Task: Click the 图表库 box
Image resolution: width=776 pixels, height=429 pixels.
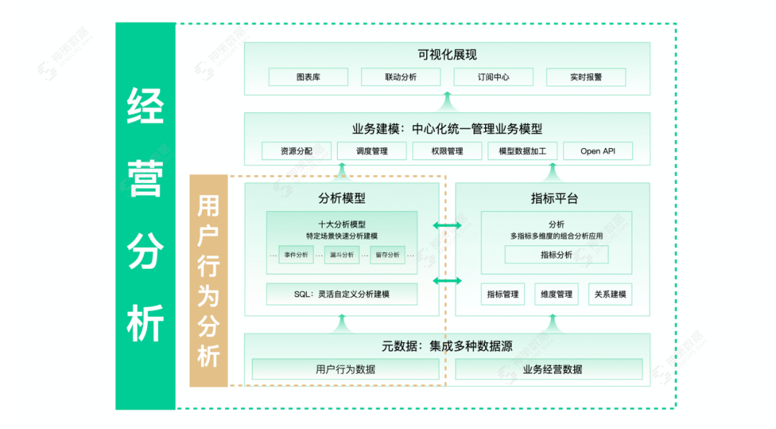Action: [x=308, y=77]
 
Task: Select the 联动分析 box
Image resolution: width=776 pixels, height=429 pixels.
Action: [x=400, y=77]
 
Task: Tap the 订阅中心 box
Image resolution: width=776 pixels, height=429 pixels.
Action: [x=493, y=77]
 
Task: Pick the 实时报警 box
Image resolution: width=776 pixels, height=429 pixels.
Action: [x=586, y=77]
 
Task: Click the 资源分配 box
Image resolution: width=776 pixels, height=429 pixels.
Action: [x=296, y=151]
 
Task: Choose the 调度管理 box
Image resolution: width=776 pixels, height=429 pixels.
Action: [x=371, y=151]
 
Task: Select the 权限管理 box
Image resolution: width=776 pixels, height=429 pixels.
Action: [x=447, y=151]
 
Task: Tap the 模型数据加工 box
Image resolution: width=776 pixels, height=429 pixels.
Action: [x=522, y=151]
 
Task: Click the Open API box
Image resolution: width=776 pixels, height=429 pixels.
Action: [x=597, y=151]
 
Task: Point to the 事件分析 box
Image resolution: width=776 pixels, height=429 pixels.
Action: [x=296, y=254]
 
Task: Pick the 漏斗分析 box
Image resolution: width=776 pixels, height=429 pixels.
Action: [x=342, y=254]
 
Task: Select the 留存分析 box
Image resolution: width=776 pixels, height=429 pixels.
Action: [x=387, y=254]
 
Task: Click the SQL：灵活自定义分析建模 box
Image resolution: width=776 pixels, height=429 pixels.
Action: [x=341, y=294]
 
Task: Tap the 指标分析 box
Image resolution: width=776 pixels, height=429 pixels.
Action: [x=556, y=254]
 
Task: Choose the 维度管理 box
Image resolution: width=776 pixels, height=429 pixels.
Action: [x=556, y=294]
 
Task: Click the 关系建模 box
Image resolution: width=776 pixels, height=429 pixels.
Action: [x=610, y=294]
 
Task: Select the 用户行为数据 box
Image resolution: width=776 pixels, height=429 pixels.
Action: [x=345, y=369]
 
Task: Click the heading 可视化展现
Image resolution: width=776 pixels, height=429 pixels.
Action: [x=447, y=55]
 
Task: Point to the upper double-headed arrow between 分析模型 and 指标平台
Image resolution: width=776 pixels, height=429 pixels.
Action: [x=447, y=226]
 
